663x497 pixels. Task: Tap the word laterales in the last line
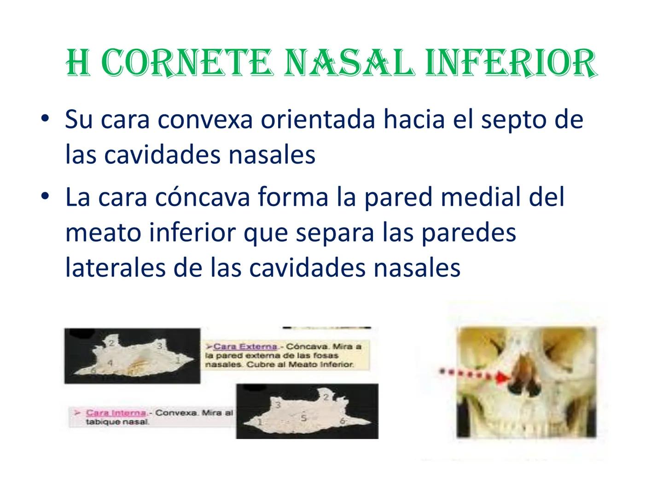click(115, 268)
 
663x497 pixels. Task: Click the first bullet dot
click(44, 119)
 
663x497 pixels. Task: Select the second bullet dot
click(44, 197)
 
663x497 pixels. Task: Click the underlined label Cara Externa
click(245, 347)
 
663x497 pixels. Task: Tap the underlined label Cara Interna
click(116, 413)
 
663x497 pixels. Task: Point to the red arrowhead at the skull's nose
click(505, 378)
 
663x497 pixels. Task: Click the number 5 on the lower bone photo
click(303, 418)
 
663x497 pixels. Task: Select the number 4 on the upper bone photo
click(110, 363)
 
